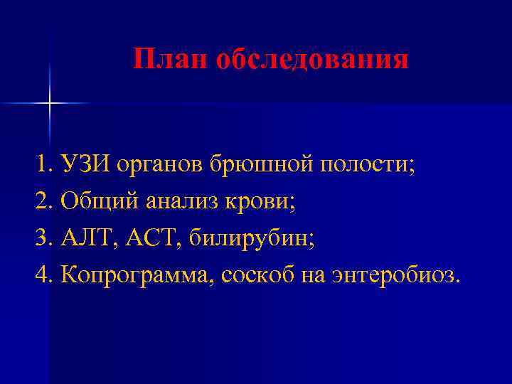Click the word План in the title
tap(169, 59)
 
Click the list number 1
tap(41, 165)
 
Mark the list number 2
tap(41, 202)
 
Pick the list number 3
tap(41, 239)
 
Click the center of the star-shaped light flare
tap(50, 104)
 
